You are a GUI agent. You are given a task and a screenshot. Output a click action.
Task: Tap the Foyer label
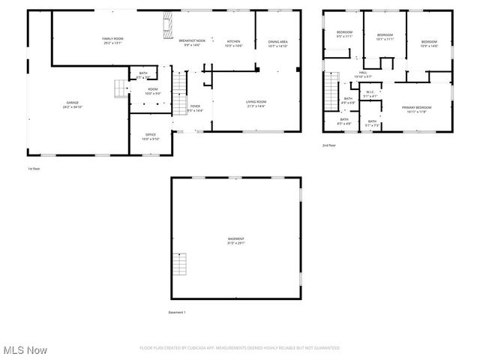pyautogui.click(x=194, y=107)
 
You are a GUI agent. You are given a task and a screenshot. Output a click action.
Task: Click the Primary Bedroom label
pyautogui.click(x=416, y=108)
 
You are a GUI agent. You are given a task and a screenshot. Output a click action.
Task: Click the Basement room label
pyautogui.click(x=236, y=240)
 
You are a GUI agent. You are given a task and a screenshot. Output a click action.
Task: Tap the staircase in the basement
pyautogui.click(x=179, y=264)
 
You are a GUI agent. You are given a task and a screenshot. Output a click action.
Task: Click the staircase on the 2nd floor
pyautogui.click(x=331, y=91)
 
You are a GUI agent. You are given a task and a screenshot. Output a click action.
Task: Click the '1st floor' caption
pyautogui.click(x=34, y=169)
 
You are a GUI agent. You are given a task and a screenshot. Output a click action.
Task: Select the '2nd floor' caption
pyautogui.click(x=329, y=145)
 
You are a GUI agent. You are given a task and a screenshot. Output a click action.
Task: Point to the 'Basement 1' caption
pyautogui.click(x=177, y=312)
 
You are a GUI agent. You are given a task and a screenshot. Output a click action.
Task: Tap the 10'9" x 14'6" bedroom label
pyautogui.click(x=428, y=43)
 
